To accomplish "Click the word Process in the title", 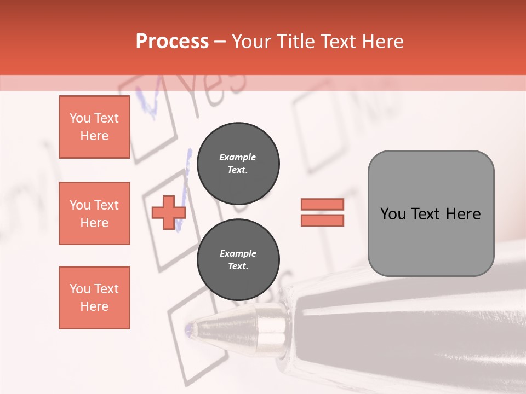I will tap(172, 42).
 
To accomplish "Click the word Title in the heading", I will tap(295, 42).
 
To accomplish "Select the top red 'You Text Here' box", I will tap(94, 127).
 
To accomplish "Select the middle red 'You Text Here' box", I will tap(94, 213).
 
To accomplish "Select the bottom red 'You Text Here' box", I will tap(94, 298).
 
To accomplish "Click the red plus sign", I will tap(168, 213).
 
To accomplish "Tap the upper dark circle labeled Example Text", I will tap(238, 163).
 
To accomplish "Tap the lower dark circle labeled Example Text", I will tap(238, 259).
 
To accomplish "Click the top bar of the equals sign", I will tap(322, 205).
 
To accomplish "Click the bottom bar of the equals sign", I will tap(322, 221).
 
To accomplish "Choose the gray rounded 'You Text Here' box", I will tap(431, 213).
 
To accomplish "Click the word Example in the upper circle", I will tap(238, 157).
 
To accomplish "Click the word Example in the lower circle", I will tap(238, 253).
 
